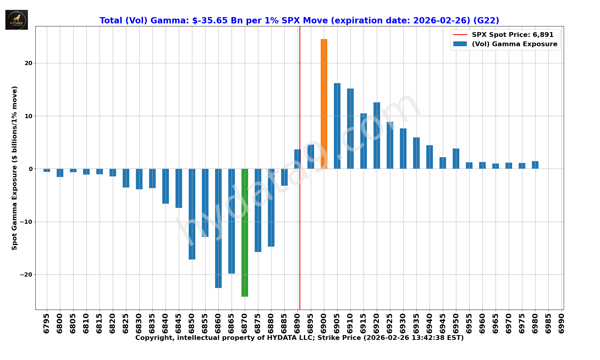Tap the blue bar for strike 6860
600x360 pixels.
pos(218,228)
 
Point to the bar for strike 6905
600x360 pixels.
pos(337,126)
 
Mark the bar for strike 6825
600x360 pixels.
pos(126,178)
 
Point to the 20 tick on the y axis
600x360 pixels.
pos(28,63)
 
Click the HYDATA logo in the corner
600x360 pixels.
pos(16,20)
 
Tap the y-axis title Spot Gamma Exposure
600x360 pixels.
pos(14,168)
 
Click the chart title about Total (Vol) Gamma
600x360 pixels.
pos(299,20)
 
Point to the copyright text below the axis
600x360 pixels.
pos(299,338)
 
